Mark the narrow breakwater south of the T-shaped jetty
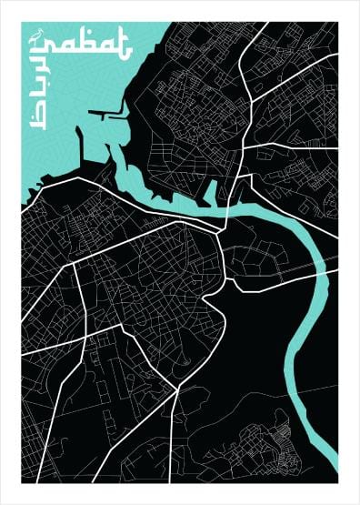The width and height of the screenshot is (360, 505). pyautogui.click(x=81, y=146)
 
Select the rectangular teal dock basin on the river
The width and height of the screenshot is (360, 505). pyautogui.click(x=210, y=192)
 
